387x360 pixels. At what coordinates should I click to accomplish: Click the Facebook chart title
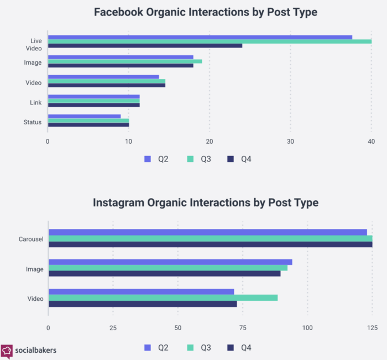click(x=206, y=12)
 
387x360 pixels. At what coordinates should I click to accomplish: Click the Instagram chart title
click(x=206, y=203)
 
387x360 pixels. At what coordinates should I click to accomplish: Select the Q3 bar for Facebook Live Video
click(x=210, y=41)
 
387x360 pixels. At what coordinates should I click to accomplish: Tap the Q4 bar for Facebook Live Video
click(x=145, y=45)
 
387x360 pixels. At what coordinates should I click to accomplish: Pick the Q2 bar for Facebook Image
click(x=121, y=57)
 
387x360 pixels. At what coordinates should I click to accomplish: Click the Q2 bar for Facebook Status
click(x=84, y=116)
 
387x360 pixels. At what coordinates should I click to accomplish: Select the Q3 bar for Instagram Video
click(x=163, y=298)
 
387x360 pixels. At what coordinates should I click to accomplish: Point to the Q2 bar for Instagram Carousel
click(x=207, y=232)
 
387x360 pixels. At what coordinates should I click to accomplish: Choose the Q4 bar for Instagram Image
click(x=164, y=273)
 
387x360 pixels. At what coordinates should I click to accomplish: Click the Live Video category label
click(x=35, y=44)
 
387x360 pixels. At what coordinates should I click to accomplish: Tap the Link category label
click(x=35, y=102)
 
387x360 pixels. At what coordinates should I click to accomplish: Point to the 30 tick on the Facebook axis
click(x=290, y=142)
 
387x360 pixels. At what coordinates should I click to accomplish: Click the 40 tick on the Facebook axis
click(x=371, y=142)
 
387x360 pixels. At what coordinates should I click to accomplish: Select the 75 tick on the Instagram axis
click(x=242, y=328)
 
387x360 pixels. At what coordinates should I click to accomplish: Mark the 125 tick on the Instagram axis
click(x=372, y=328)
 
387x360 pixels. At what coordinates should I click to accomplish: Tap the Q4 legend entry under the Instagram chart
click(x=239, y=348)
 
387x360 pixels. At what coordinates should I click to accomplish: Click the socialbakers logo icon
click(x=7, y=350)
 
